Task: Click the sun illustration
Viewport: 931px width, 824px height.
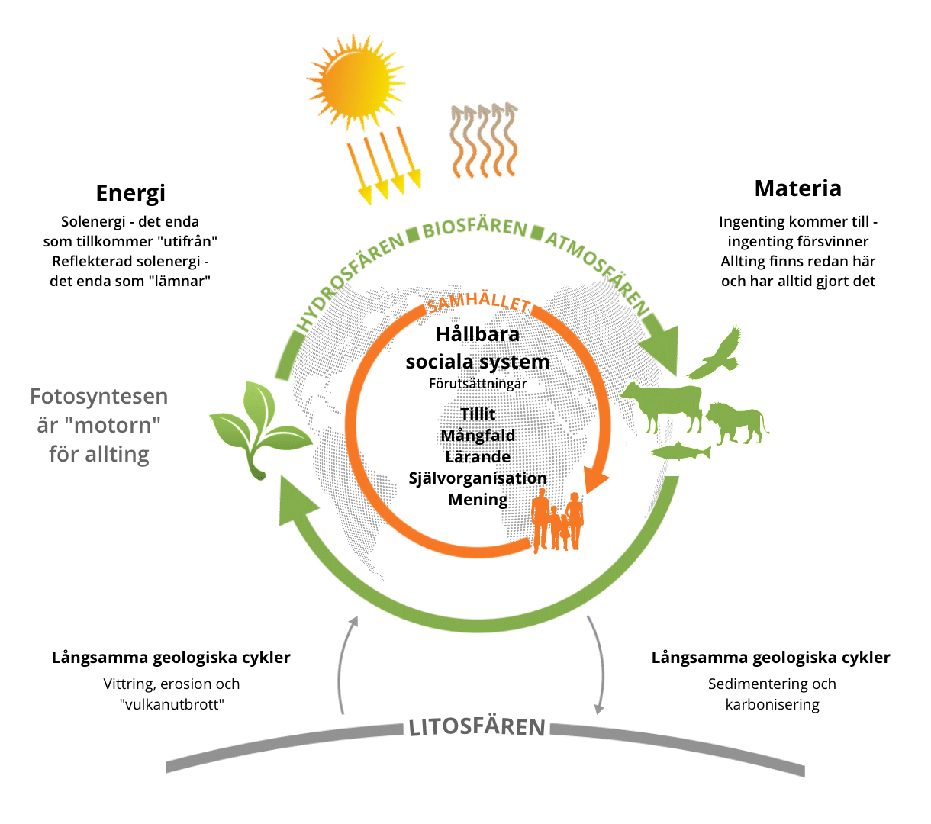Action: pyautogui.click(x=356, y=82)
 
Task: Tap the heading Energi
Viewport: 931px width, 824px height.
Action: pyautogui.click(x=130, y=193)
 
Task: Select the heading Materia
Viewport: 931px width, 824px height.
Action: pyautogui.click(x=797, y=188)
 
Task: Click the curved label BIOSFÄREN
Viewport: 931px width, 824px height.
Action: pyautogui.click(x=475, y=228)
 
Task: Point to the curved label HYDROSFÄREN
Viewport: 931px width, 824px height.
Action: pyautogui.click(x=350, y=282)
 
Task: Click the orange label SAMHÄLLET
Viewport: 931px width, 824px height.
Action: pyautogui.click(x=478, y=301)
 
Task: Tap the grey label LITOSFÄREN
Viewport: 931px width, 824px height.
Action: pyautogui.click(x=476, y=727)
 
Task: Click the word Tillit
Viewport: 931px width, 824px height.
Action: pyautogui.click(x=478, y=414)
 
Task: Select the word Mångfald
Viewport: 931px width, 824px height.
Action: pyautogui.click(x=478, y=435)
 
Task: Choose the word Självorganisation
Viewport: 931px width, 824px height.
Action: pyautogui.click(x=478, y=478)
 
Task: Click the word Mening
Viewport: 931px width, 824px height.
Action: pyautogui.click(x=478, y=500)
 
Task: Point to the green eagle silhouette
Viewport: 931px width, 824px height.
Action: pyautogui.click(x=714, y=353)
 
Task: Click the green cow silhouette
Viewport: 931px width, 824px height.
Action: pyautogui.click(x=662, y=407)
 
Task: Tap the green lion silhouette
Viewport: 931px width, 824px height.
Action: pyautogui.click(x=736, y=423)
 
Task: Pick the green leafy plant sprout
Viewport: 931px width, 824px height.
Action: pyautogui.click(x=260, y=430)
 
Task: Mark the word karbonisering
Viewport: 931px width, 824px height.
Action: pyautogui.click(x=772, y=704)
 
